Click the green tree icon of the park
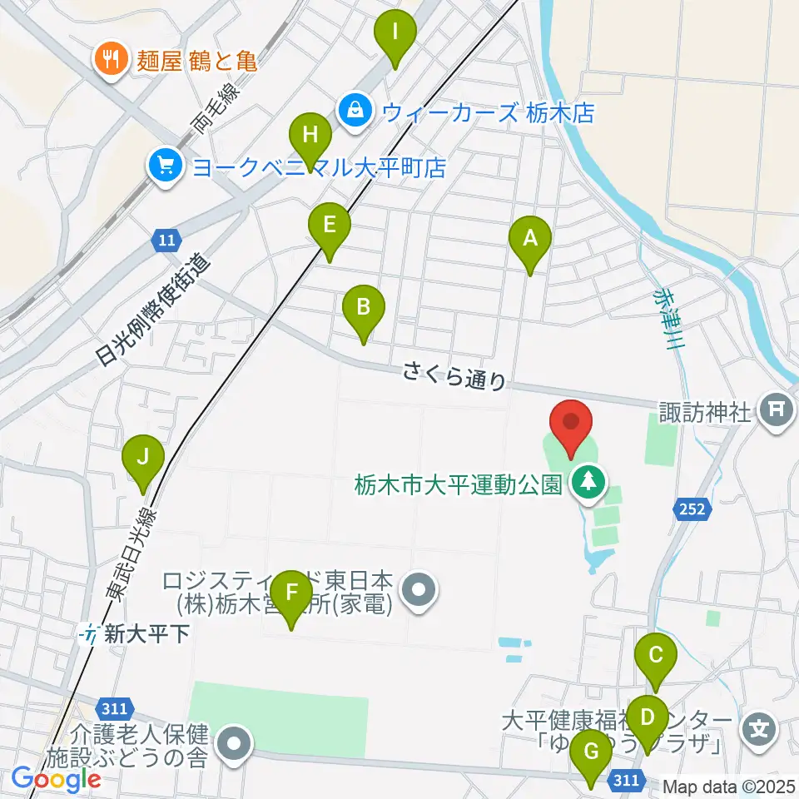tap(589, 482)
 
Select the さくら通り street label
tap(454, 375)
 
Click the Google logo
tap(56, 779)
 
